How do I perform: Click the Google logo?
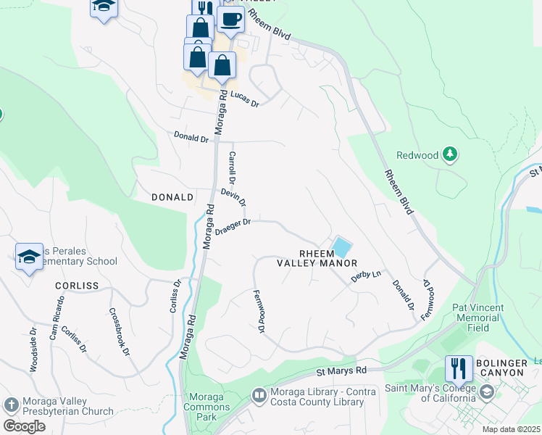point(23,426)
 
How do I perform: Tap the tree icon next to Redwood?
point(450,154)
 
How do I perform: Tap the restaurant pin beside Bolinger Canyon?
point(459,370)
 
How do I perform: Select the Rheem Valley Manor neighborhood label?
point(317,258)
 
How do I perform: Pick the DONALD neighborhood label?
point(172,197)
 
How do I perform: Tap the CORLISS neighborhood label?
point(76,286)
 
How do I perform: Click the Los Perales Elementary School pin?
point(29,257)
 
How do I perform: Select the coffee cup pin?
point(230,20)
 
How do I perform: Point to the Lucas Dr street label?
point(244,99)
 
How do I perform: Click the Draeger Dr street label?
point(233,226)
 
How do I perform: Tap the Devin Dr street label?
point(233,196)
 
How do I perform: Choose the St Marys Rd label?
point(341,370)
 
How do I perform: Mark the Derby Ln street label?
point(366,277)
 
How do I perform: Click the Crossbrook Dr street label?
point(119,331)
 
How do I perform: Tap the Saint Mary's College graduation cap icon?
point(486,392)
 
